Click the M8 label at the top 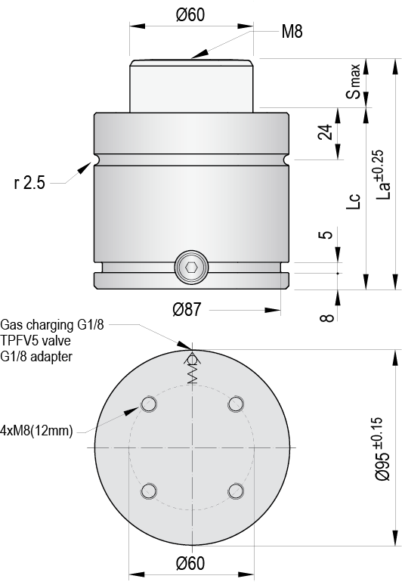click(292, 32)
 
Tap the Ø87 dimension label click(187, 309)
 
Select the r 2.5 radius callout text click(29, 183)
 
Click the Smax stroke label click(354, 82)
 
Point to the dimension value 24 click(326, 132)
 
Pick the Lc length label click(354, 201)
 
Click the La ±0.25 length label click(382, 175)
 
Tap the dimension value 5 click(326, 234)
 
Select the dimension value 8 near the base click(326, 317)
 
